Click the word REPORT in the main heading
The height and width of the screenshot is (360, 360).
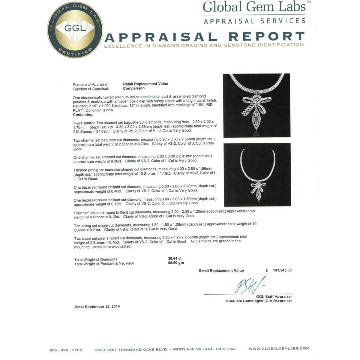(267, 37)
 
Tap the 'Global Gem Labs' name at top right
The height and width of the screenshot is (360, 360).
(255, 7)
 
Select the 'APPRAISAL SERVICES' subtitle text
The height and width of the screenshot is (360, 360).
(255, 21)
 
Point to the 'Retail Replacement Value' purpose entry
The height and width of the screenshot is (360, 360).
(145, 84)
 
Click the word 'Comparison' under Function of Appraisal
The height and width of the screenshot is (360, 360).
(134, 88)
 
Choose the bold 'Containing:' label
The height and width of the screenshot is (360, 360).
(83, 115)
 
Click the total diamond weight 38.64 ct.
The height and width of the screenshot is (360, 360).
(175, 259)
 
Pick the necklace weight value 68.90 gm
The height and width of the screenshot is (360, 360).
(176, 263)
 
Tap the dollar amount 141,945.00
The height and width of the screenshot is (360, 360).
(282, 270)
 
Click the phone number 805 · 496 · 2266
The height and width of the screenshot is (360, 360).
(66, 350)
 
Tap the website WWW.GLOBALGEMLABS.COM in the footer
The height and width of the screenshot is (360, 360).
(279, 349)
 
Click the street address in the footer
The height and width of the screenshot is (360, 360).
(165, 349)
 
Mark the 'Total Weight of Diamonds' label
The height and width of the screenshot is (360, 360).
(96, 259)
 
